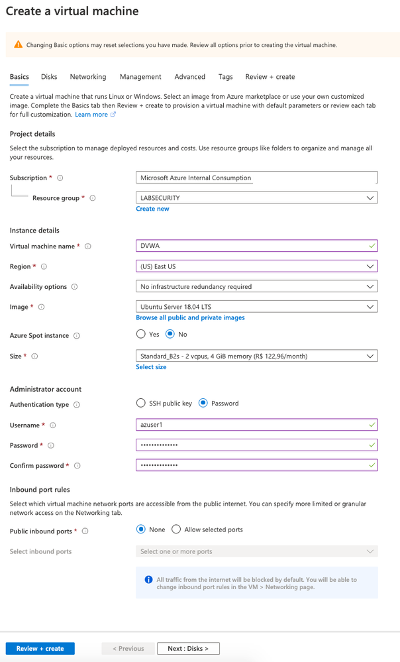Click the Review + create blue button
40,648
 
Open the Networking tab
88,77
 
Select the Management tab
140,77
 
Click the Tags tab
225,77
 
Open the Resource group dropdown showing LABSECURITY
256,197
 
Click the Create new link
152,209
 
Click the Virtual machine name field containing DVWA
256,246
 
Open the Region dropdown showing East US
256,266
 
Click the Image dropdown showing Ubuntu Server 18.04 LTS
256,307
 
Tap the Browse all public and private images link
190,318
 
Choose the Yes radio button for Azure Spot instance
140,335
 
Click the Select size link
151,367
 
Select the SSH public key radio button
140,403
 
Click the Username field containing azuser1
256,425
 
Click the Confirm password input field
256,465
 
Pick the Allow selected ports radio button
176,529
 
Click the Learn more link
91,115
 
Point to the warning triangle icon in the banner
18,45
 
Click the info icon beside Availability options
74,287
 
